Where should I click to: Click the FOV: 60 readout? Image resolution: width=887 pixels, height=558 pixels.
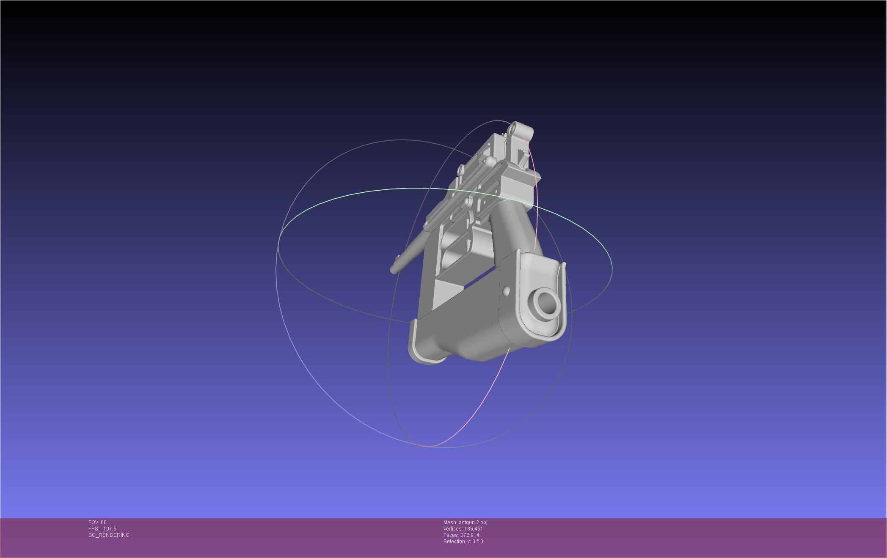(x=97, y=522)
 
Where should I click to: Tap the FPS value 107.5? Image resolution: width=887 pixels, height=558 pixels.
(x=110, y=529)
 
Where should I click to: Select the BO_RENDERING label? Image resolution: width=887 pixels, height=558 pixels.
(x=109, y=535)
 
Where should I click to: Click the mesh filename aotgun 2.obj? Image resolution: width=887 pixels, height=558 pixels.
(x=473, y=522)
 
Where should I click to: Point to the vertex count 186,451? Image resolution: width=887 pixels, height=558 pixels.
(x=474, y=529)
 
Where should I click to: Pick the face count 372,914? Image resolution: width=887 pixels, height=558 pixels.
(x=470, y=535)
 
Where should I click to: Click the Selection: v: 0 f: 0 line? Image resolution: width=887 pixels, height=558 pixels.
(x=463, y=542)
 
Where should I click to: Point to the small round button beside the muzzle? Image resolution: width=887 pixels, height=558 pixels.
(x=506, y=290)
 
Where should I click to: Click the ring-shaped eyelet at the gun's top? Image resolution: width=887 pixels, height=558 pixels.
(x=514, y=127)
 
